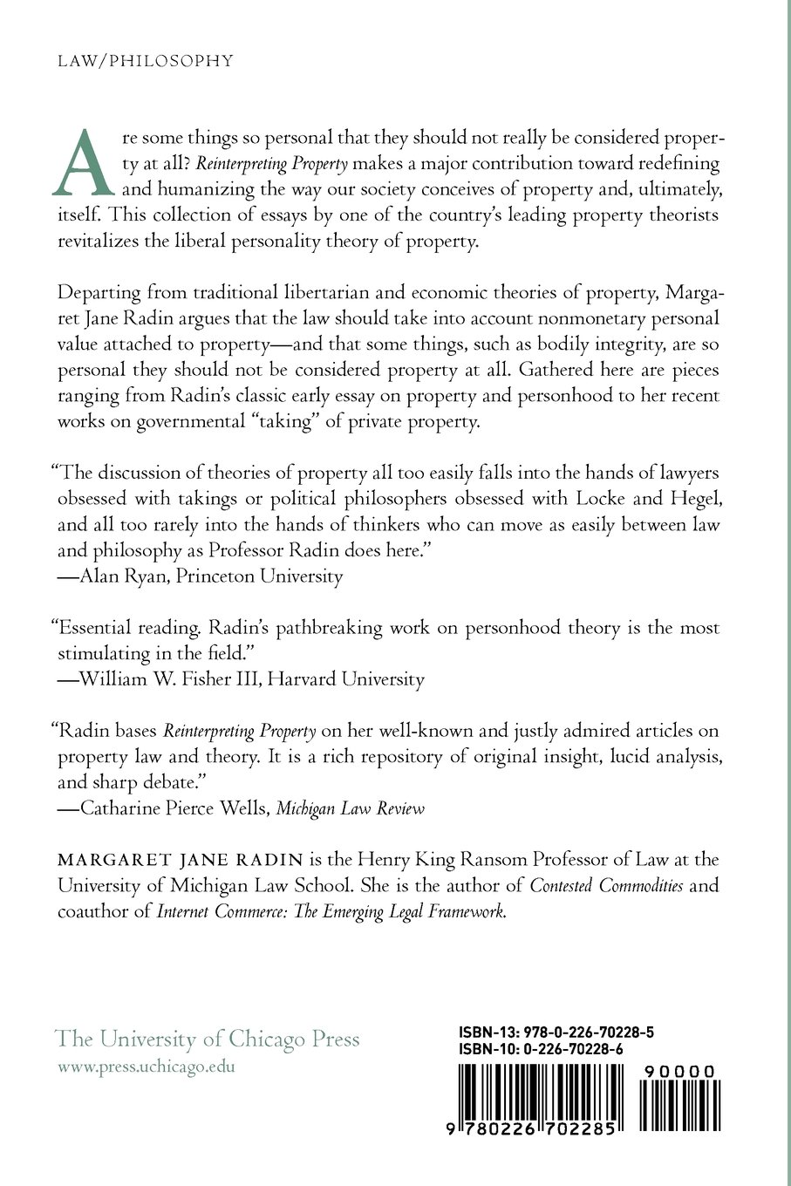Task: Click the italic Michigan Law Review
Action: [x=351, y=808]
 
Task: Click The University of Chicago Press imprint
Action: [x=208, y=1039]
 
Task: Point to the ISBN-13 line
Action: [x=556, y=1033]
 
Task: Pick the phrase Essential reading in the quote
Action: [x=119, y=628]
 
